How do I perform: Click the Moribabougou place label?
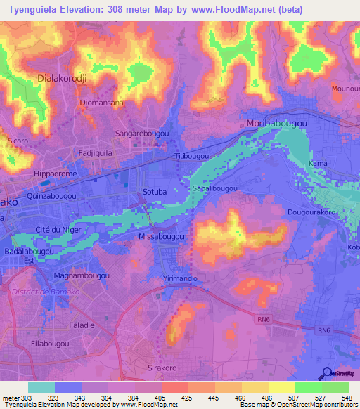coord(277,123)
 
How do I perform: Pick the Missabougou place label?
coord(161,238)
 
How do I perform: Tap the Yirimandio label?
coord(180,279)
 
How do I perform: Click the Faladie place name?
coord(82,325)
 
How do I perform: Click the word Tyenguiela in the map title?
coord(32,8)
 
